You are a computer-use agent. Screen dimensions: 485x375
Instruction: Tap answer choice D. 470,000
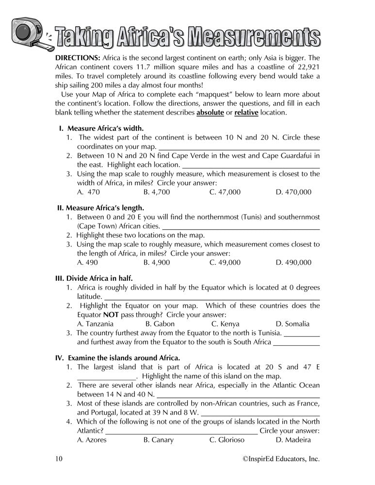tap(293, 193)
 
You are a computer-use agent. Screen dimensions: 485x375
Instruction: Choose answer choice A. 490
tap(88, 262)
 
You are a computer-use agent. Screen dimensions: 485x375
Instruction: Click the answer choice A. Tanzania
tap(96, 323)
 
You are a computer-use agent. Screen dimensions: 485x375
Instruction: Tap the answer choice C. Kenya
tap(226, 323)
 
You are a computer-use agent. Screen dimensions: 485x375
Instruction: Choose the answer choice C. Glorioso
tap(227, 440)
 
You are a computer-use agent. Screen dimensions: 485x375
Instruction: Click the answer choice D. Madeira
tap(293, 440)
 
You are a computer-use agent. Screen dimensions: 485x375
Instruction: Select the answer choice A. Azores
tap(92, 440)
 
